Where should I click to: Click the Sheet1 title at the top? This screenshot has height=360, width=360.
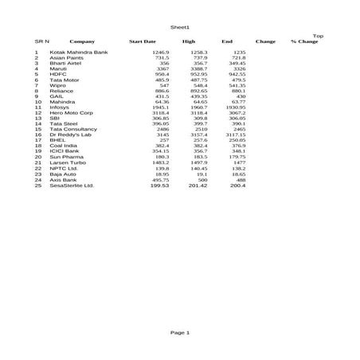coord(180,28)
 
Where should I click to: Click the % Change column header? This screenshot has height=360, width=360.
coord(304,41)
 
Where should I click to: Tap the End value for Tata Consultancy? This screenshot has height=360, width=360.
coord(237,129)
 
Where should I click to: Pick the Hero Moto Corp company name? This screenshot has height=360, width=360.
coord(70,113)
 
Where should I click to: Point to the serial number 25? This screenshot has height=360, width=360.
coord(37,186)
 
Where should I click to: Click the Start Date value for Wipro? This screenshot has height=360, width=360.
coord(163,85)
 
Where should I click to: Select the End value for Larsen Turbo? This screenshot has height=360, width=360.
coord(238,163)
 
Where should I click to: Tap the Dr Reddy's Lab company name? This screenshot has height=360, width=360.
coord(70,135)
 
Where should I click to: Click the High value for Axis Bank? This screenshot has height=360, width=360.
coord(202,180)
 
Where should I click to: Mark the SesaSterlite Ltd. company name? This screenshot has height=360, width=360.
coord(72,186)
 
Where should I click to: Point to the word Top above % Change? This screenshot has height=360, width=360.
coord(318,36)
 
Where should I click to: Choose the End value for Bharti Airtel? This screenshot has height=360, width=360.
coord(237,63)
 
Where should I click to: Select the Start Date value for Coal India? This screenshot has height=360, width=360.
coord(162,147)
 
